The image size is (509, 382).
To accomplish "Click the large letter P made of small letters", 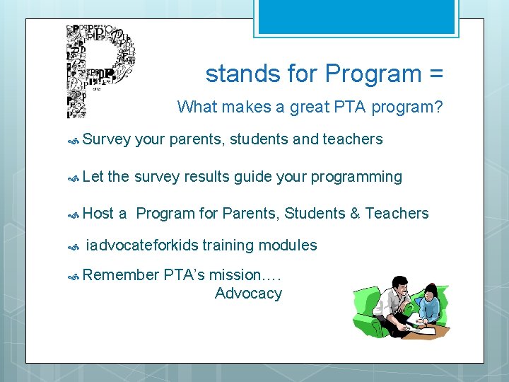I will point(99,71).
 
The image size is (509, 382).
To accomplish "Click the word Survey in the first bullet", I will point(106,139).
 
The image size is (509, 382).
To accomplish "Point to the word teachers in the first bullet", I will point(352,139).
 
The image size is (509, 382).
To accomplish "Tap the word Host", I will point(98,213).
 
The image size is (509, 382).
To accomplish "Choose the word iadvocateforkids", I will point(141,245).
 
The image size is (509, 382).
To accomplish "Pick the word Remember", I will point(120,275).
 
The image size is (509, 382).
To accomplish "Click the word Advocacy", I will point(248,294).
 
